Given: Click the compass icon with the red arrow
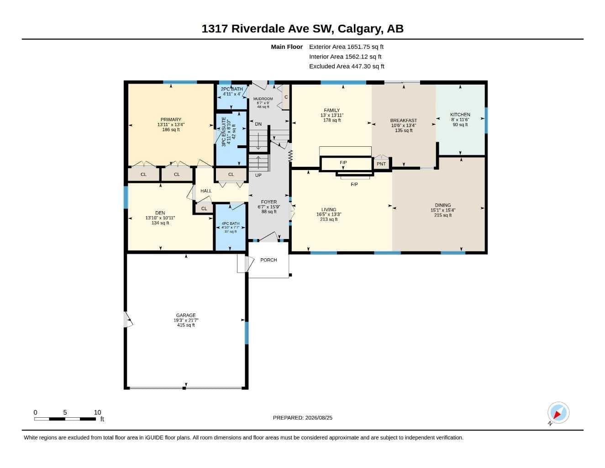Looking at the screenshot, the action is click(x=558, y=412).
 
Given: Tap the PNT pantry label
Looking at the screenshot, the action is click(x=381, y=164).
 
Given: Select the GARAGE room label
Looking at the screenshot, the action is click(x=186, y=315).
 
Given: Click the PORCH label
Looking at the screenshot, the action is click(x=268, y=260).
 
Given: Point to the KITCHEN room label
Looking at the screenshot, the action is click(x=460, y=115).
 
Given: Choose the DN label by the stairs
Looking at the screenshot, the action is click(x=258, y=124).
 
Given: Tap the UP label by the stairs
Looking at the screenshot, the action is click(x=258, y=175).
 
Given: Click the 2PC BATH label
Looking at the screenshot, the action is click(x=231, y=89).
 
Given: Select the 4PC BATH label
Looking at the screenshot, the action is click(x=231, y=223).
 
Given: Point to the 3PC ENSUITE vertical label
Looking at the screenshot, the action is click(x=224, y=132).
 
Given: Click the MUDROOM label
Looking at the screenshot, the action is click(x=263, y=99).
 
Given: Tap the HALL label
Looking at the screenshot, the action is click(x=206, y=191).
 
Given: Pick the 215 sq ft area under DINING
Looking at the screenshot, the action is click(x=443, y=215).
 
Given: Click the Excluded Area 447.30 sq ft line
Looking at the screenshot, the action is click(x=347, y=66).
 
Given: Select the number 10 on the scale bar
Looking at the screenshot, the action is click(x=97, y=412).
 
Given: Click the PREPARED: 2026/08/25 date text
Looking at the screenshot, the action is click(x=302, y=418).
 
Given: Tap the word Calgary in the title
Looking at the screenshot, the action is click(x=359, y=29).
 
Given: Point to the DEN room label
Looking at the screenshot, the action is click(x=160, y=213).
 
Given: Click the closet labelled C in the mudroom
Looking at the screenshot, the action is click(x=286, y=97).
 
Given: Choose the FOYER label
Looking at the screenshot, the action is click(x=268, y=202).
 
